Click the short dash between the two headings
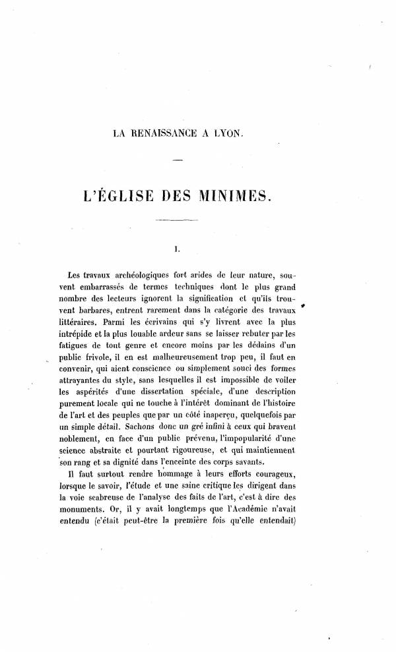[176, 161]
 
